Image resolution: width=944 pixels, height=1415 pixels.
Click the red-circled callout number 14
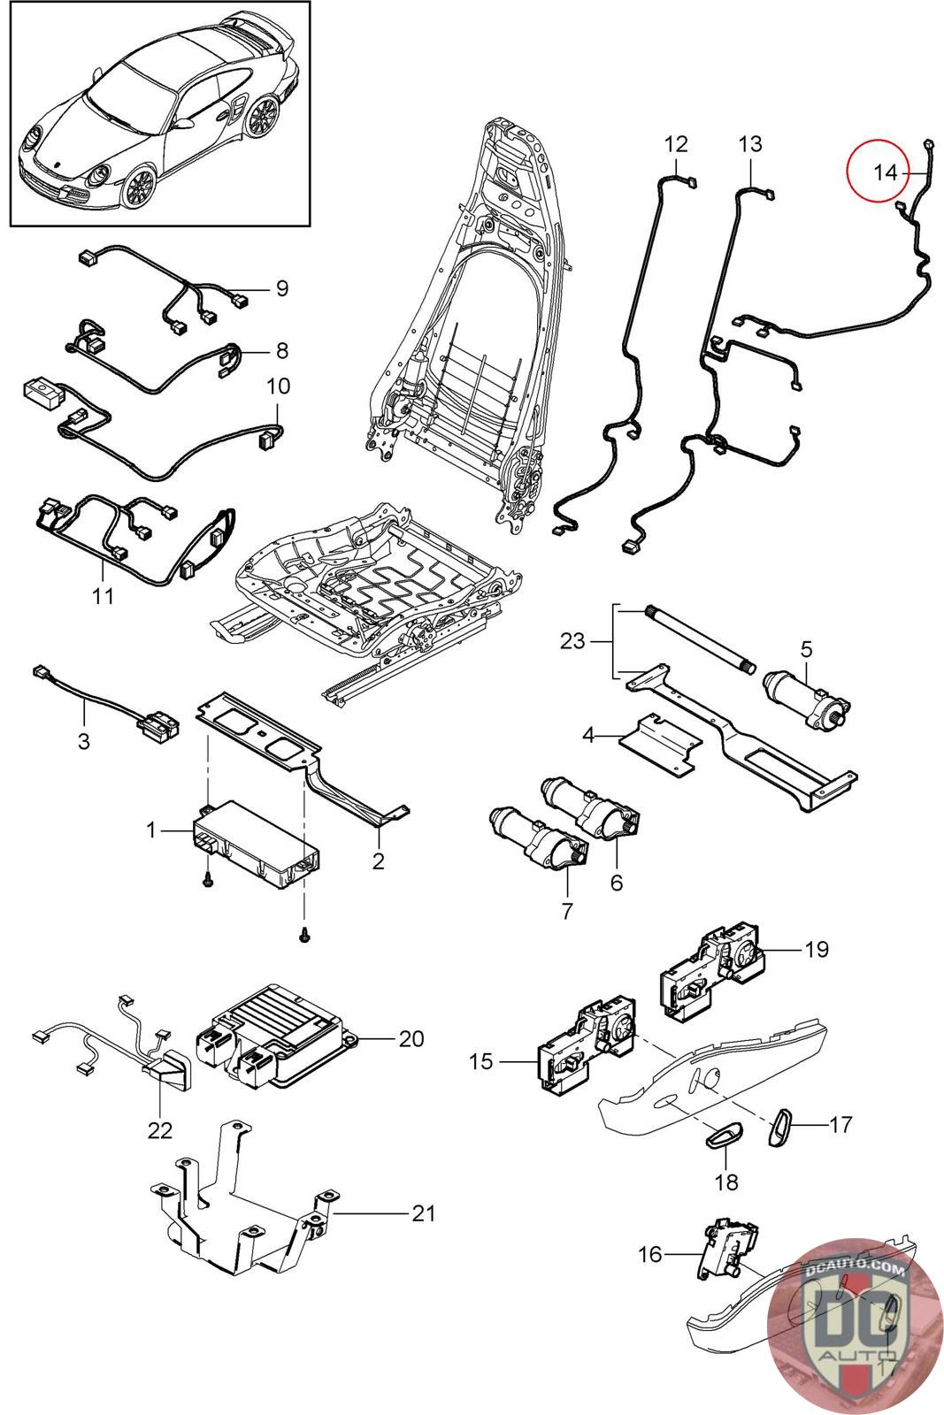pyautogui.click(x=885, y=172)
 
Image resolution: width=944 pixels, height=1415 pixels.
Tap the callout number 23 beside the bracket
pyautogui.click(x=572, y=639)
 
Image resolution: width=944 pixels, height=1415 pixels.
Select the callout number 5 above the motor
pyautogui.click(x=806, y=650)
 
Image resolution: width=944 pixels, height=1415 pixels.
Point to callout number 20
pyautogui.click(x=411, y=1037)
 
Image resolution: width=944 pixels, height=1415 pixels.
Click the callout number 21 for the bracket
pyautogui.click(x=424, y=1212)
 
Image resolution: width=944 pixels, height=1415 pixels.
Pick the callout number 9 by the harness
pyautogui.click(x=281, y=288)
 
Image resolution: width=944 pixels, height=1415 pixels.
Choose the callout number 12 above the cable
pyautogui.click(x=676, y=143)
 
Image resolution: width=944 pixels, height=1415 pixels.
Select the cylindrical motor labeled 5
pyautogui.click(x=804, y=699)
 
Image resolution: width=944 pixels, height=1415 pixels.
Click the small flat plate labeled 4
pyautogui.click(x=659, y=743)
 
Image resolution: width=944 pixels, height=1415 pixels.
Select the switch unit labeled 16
pyautogui.click(x=724, y=1251)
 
